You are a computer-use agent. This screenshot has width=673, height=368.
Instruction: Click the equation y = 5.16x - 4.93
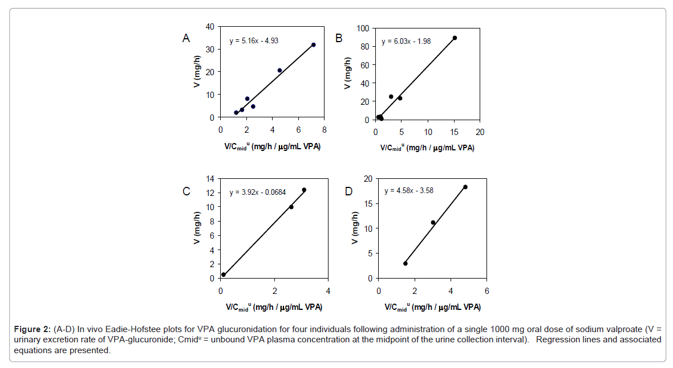tap(254, 40)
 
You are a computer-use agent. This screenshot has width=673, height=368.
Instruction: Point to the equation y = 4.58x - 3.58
tap(409, 190)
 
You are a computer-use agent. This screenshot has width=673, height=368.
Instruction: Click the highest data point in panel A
tap(313, 44)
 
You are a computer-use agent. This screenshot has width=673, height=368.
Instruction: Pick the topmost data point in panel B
tap(455, 38)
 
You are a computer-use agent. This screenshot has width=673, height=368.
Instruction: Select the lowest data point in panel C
tap(224, 275)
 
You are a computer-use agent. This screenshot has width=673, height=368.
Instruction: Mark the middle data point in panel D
tap(433, 222)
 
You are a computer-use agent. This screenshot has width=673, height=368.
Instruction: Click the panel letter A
tap(186, 38)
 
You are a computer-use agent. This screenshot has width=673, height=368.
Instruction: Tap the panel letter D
tap(349, 191)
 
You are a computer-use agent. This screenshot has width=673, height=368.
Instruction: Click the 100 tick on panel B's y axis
tap(363, 28)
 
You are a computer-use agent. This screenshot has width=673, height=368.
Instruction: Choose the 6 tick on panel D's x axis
tap(486, 289)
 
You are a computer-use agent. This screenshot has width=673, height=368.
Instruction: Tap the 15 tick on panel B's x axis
tap(453, 132)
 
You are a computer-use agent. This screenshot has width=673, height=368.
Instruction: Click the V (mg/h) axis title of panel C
tap(197, 228)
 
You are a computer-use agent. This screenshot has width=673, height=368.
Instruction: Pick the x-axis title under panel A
tap(272, 147)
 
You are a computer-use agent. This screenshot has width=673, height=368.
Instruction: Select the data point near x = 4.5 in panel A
tap(279, 71)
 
